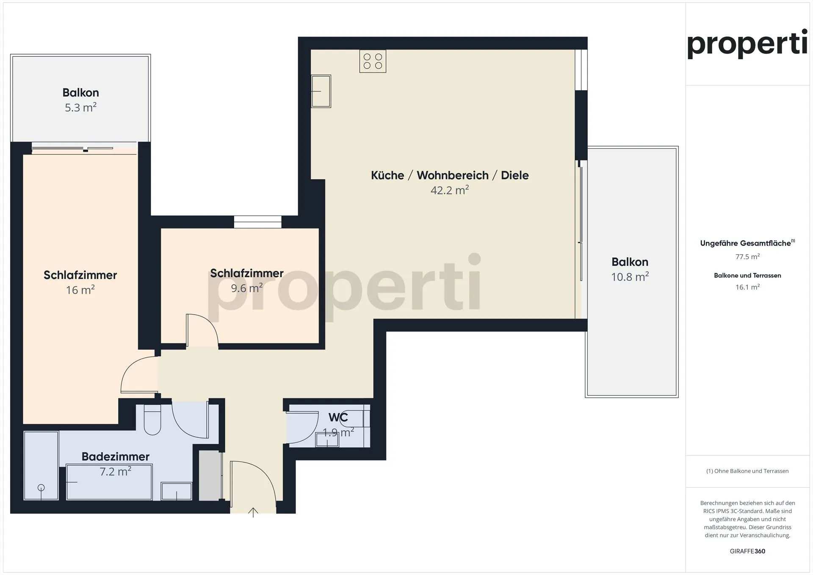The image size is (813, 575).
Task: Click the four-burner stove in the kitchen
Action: pos(373,61)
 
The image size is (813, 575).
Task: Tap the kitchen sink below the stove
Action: pos(321,91)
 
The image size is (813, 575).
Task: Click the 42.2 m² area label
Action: pos(450,190)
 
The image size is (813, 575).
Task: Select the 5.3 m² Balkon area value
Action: pos(80,108)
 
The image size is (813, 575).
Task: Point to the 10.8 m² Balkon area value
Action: pos(630,277)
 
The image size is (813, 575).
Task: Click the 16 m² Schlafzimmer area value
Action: pos(80,290)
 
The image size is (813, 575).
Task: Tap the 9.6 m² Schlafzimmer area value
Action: pos(247,288)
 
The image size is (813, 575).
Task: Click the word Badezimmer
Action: pos(116,456)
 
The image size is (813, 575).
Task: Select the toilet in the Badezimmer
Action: pos(152,420)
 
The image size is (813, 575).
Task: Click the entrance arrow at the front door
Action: pos(253,512)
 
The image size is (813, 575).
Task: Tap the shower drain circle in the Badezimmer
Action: pos(41,488)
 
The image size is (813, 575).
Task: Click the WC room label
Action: pos(338,417)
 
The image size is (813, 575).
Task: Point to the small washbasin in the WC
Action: pos(327,440)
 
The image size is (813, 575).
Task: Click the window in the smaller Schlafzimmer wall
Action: pos(258,222)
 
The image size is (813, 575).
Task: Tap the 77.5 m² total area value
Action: pos(747,257)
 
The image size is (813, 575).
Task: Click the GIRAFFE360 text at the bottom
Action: pos(747,551)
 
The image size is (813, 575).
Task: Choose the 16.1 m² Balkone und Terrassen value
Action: pos(747,287)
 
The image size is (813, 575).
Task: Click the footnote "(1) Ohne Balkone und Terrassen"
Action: pos(747,471)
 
